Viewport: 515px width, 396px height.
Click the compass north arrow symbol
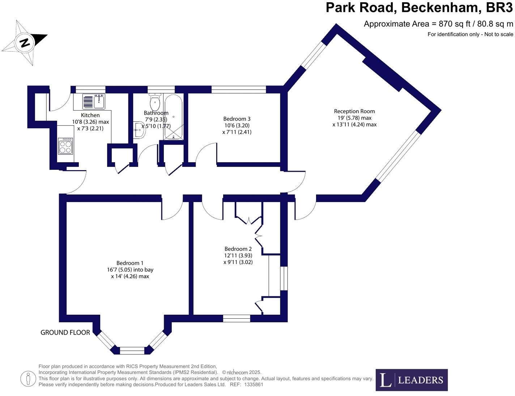point(25,43)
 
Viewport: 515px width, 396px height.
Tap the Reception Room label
point(354,111)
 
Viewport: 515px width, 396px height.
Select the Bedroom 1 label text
point(130,263)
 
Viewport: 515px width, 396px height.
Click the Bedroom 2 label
point(238,249)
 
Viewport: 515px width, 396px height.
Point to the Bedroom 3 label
point(237,119)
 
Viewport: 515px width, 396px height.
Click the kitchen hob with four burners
point(65,146)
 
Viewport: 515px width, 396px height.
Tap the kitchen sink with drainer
point(94,102)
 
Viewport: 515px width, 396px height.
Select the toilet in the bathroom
point(155,103)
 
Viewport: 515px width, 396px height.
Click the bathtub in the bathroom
point(174,117)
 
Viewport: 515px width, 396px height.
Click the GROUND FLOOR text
point(65,332)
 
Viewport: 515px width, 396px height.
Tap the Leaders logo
point(412,380)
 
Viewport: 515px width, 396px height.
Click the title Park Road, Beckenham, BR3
point(419,8)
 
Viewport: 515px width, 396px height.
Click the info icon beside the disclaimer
point(28,379)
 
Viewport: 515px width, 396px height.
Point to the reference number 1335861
point(254,384)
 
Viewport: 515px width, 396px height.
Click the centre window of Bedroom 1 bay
point(132,350)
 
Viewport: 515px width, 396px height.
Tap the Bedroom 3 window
point(239,89)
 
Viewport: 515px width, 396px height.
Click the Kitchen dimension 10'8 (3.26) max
point(90,122)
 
